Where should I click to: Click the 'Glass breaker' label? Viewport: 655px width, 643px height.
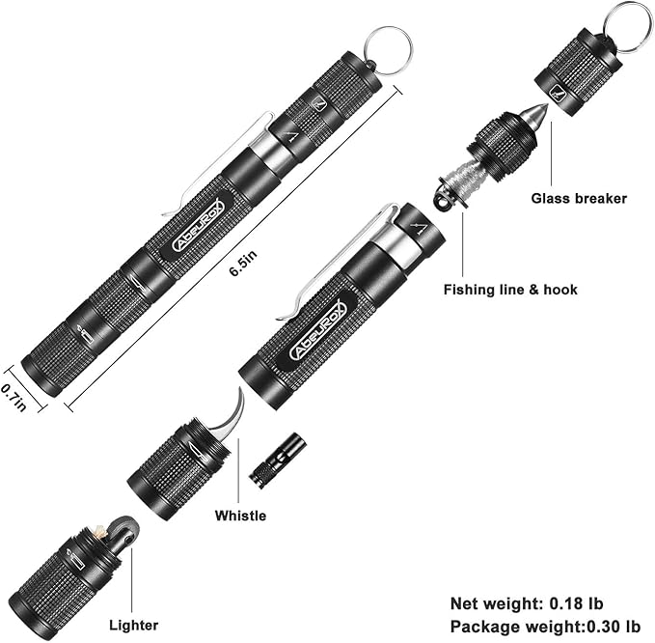(578, 199)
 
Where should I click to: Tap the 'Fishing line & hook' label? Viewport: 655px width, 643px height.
(510, 289)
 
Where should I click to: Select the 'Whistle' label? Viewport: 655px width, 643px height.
(240, 516)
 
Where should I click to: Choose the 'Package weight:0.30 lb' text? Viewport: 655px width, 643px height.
(545, 626)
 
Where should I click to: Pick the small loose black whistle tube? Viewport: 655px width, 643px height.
(279, 460)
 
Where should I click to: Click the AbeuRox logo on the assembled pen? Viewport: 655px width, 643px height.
(198, 226)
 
